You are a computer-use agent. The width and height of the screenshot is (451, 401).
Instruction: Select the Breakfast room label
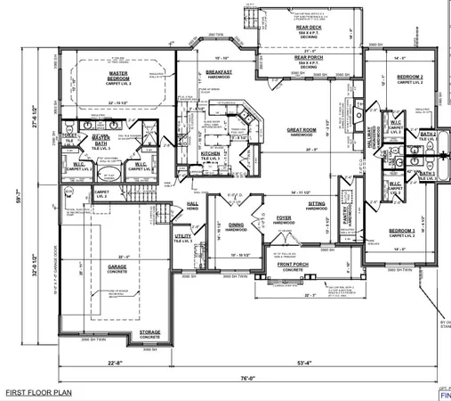pos(219,72)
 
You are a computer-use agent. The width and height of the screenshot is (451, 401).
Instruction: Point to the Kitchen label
pos(210,153)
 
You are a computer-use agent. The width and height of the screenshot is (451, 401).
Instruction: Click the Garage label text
pos(118,266)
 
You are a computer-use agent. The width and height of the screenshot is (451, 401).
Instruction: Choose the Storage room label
pos(149,332)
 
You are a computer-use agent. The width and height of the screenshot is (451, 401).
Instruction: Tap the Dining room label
pos(236,225)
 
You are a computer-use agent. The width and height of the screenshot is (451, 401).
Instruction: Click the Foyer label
pos(284,217)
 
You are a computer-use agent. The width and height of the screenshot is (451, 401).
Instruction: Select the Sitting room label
pos(317,204)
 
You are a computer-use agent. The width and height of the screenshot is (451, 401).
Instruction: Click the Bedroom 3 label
pos(402,231)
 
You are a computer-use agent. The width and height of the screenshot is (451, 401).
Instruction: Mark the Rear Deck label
pos(308,27)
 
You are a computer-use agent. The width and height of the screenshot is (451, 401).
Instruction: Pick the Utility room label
pos(183,236)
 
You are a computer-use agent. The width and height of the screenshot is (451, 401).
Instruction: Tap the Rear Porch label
pos(307,58)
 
